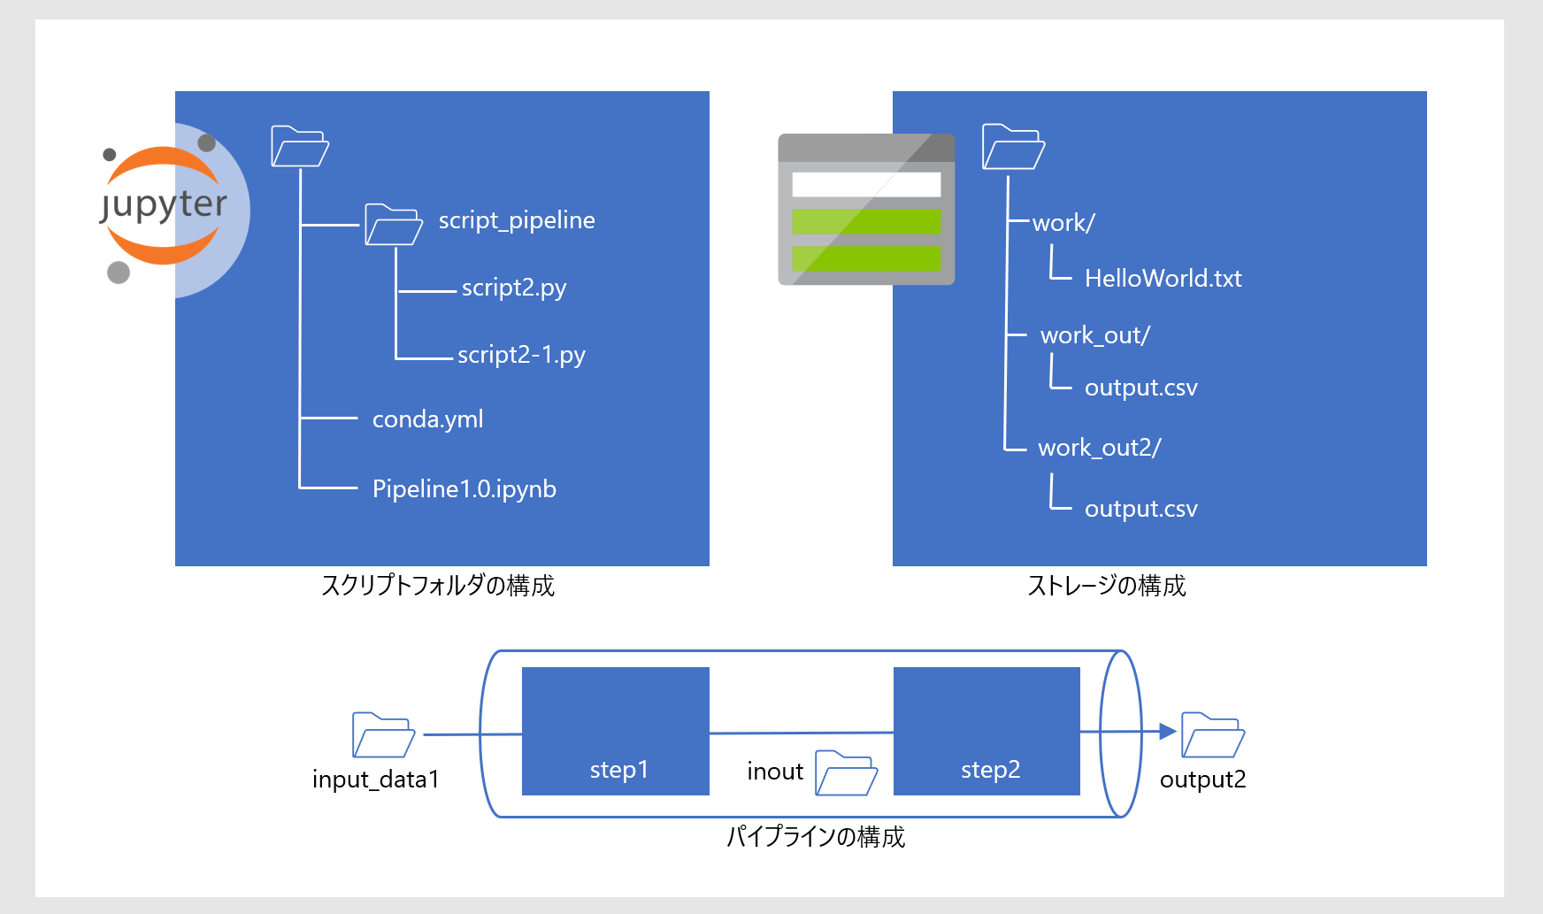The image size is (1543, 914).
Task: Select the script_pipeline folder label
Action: pyautogui.click(x=517, y=220)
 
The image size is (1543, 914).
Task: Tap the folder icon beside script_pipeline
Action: pyautogui.click(x=394, y=225)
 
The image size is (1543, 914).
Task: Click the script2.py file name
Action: pyautogui.click(x=514, y=288)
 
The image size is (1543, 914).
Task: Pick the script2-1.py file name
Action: pyautogui.click(x=521, y=355)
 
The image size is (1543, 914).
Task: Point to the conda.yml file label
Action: pyautogui.click(x=428, y=419)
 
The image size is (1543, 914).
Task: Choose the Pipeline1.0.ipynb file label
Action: pyautogui.click(x=464, y=489)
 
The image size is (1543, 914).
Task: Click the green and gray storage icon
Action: pyautogui.click(x=866, y=210)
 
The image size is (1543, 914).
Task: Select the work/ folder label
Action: pyautogui.click(x=1063, y=223)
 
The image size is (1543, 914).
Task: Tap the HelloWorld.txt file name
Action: pyautogui.click(x=1163, y=279)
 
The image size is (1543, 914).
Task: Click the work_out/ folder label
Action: pyautogui.click(x=1095, y=335)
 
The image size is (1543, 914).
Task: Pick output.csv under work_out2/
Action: pyautogui.click(x=1141, y=509)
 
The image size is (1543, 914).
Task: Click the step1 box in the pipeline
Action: pyautogui.click(x=616, y=731)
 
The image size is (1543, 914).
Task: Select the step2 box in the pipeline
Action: pyautogui.click(x=986, y=731)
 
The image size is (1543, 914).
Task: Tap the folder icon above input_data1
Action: pyautogui.click(x=384, y=734)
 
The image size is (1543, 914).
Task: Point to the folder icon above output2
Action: pyautogui.click(x=1214, y=734)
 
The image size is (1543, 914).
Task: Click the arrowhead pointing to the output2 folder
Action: pyautogui.click(x=1168, y=732)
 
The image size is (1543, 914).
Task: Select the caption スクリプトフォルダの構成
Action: pyautogui.click(x=438, y=586)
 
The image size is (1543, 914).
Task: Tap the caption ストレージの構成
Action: pyautogui.click(x=1107, y=586)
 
